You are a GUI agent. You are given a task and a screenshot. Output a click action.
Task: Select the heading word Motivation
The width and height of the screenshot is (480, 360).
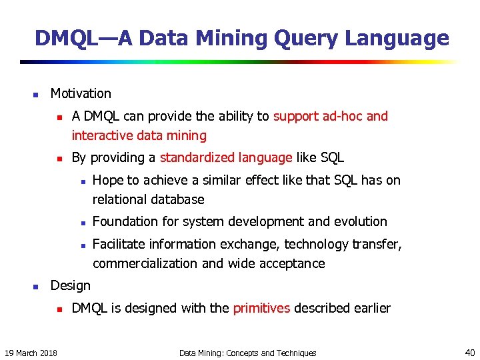click(x=81, y=94)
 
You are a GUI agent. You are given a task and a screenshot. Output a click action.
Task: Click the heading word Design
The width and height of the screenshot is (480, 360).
click(x=71, y=286)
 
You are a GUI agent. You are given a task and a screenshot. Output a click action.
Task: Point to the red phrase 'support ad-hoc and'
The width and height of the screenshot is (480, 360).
click(x=331, y=117)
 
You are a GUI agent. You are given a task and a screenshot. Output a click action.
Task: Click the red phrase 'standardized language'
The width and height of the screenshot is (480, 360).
click(x=226, y=158)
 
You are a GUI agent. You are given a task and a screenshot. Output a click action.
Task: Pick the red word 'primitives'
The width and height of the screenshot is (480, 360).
click(x=261, y=308)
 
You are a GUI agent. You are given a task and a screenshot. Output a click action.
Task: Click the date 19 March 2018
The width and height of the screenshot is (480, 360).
click(x=31, y=353)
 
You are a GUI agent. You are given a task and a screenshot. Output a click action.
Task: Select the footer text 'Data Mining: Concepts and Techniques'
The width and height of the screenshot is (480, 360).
click(x=248, y=353)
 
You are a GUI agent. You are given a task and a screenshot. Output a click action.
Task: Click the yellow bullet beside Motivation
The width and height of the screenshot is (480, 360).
click(x=37, y=95)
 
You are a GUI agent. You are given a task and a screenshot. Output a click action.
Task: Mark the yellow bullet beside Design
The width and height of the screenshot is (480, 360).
click(x=37, y=287)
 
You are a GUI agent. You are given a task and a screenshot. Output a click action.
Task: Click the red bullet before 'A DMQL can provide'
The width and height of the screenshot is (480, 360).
click(x=59, y=117)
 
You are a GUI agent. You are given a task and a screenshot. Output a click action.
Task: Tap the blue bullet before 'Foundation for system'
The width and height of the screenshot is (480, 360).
click(x=80, y=223)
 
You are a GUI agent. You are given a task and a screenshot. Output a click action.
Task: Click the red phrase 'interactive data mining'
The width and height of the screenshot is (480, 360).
click(x=139, y=136)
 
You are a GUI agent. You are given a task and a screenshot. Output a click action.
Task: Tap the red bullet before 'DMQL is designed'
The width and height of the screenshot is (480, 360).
click(x=59, y=309)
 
